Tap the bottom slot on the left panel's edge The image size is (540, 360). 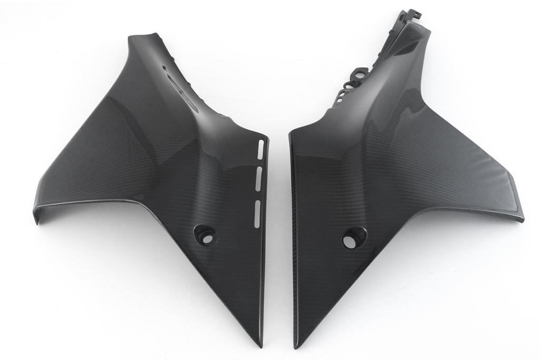tap(257, 213)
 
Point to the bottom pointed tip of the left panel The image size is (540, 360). tap(260, 345)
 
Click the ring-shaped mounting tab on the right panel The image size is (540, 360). tap(359, 76)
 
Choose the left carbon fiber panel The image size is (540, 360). tap(158, 174)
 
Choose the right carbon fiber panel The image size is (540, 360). tap(390, 174)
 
